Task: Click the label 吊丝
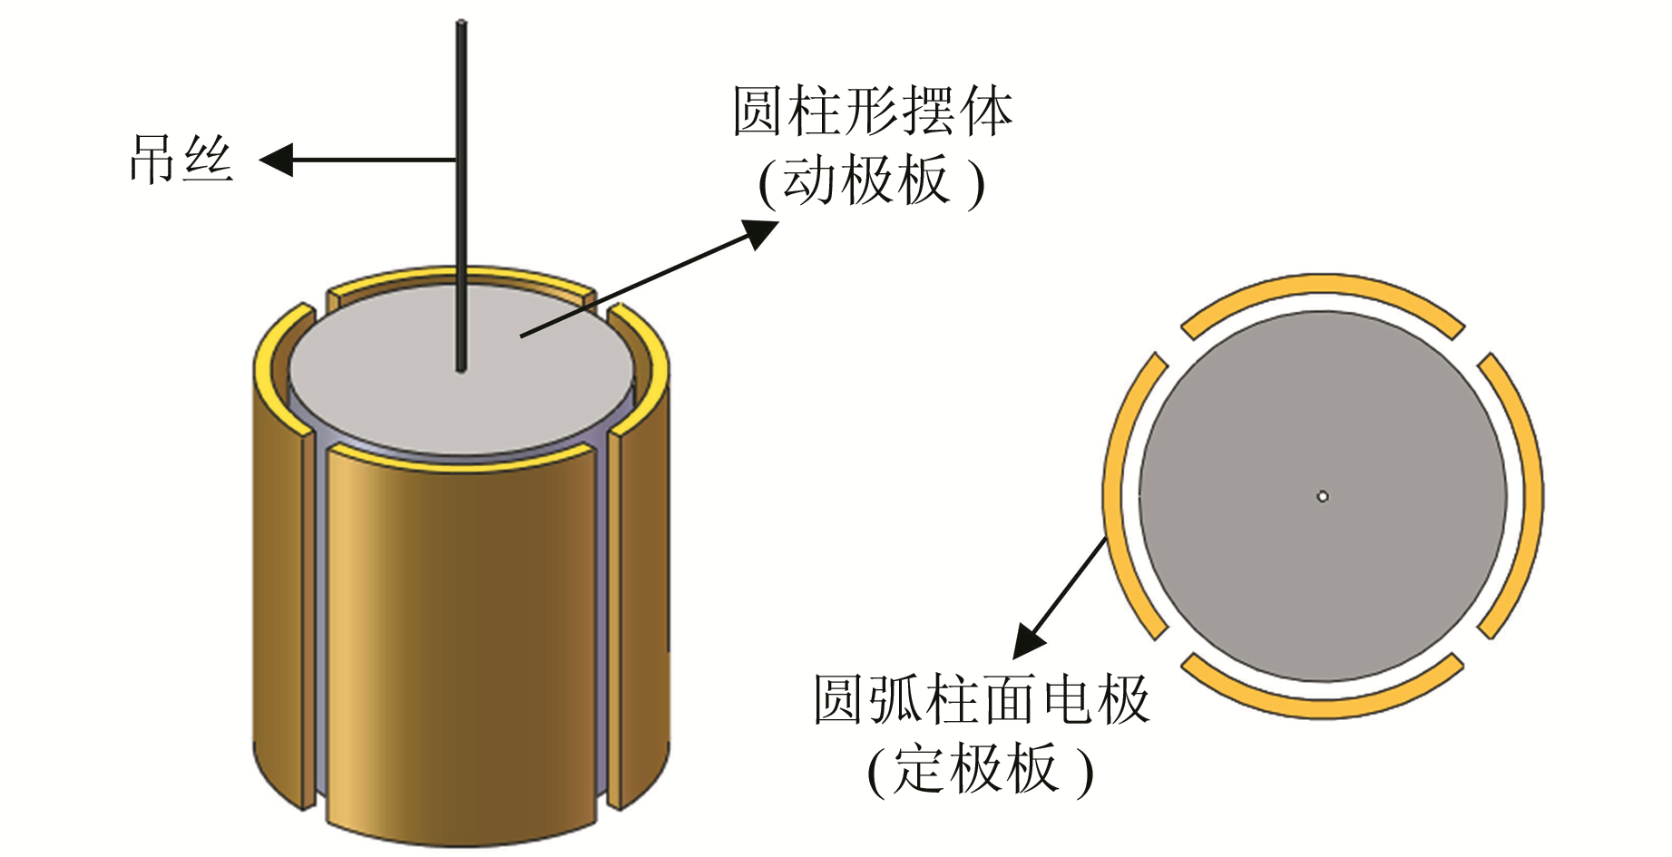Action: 181,161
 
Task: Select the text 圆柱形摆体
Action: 872,112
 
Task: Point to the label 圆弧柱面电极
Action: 981,699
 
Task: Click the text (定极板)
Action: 980,770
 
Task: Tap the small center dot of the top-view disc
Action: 1323,496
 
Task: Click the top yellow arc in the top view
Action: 1323,289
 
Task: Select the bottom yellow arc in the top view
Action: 1323,704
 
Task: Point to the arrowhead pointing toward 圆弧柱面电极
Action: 1029,641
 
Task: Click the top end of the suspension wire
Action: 461,24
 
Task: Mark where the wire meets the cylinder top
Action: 461,367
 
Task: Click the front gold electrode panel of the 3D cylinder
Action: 461,644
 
